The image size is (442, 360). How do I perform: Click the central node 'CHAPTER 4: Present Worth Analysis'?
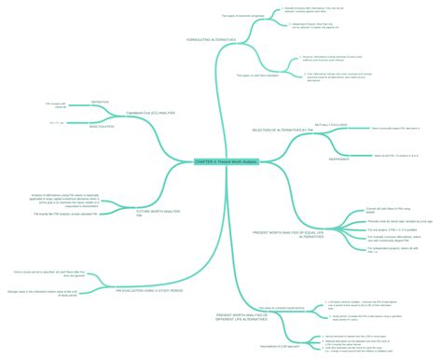pyautogui.click(x=226, y=162)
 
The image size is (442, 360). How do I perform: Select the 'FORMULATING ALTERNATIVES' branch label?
pyautogui.click(x=212, y=39)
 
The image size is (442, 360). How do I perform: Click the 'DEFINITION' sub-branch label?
pyautogui.click(x=100, y=101)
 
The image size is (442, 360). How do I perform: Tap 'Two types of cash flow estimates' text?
pyautogui.click(x=259, y=76)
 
